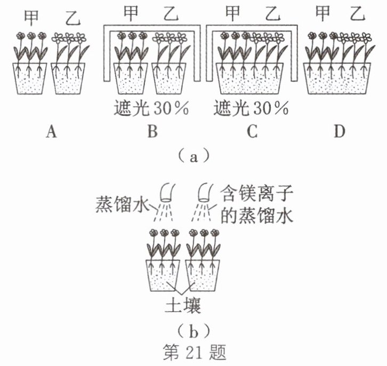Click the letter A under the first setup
pyautogui.click(x=51, y=132)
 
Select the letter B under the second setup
pyautogui.click(x=152, y=132)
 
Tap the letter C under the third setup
pyautogui.click(x=252, y=132)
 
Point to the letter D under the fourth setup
pyautogui.click(x=340, y=132)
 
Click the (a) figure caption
pyautogui.click(x=193, y=157)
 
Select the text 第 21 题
pyautogui.click(x=193, y=352)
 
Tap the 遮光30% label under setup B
pyautogui.click(x=152, y=109)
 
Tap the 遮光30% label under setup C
pyautogui.click(x=251, y=109)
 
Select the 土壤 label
pyautogui.click(x=184, y=306)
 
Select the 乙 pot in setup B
pyautogui.click(x=169, y=79)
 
